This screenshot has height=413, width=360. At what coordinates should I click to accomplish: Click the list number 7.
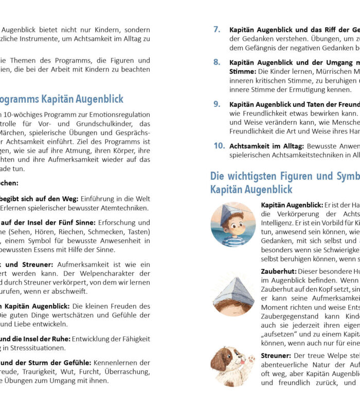coord(217,30)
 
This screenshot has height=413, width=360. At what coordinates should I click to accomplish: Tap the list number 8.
coord(217,62)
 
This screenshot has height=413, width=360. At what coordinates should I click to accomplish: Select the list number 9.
coord(217,104)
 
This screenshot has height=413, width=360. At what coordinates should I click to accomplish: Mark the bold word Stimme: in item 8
coord(242,71)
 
